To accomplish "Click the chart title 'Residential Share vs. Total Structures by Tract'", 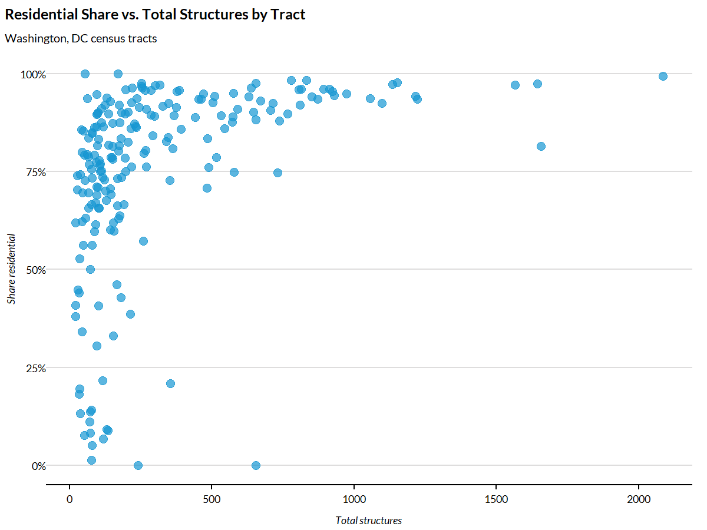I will coord(156,15).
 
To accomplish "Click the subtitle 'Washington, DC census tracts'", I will coord(81,39).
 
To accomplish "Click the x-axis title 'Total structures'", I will coord(368,521).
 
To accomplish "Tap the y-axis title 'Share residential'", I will coord(12,269).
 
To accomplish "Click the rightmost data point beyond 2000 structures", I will coord(663,76).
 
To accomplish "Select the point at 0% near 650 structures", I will coord(256,465).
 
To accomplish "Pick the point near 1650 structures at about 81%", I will coord(541,146).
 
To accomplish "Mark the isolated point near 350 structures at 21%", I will coord(170,383).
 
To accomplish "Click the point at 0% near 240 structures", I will coord(138,465).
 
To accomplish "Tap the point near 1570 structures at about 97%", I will coord(515,85).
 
